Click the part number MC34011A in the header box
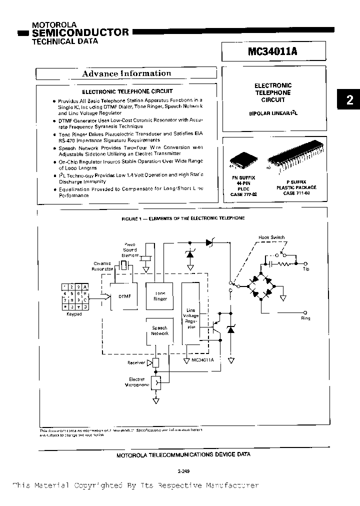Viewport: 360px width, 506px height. [274, 51]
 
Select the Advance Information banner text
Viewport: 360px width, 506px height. [126, 73]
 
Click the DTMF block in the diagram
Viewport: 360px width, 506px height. [124, 296]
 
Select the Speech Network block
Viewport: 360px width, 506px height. [160, 330]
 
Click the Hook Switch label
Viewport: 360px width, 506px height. [271, 237]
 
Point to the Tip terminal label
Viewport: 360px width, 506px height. [306, 269]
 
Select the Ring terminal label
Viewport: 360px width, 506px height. [305, 318]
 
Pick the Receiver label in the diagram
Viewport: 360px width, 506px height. [136, 363]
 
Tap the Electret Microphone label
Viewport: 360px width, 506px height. [136, 382]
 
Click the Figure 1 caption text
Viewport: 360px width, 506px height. [183, 218]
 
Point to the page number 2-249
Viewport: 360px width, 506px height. [183, 471]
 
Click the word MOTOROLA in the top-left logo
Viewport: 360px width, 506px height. [54, 24]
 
